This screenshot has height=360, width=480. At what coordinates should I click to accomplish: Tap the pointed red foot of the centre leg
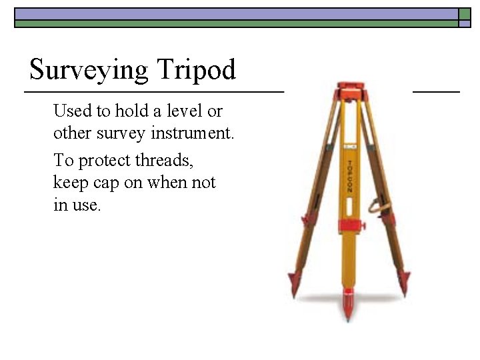click(x=347, y=305)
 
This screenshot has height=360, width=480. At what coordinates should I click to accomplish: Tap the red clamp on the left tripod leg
click(x=306, y=221)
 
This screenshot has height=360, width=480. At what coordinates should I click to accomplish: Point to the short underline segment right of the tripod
click(x=437, y=90)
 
